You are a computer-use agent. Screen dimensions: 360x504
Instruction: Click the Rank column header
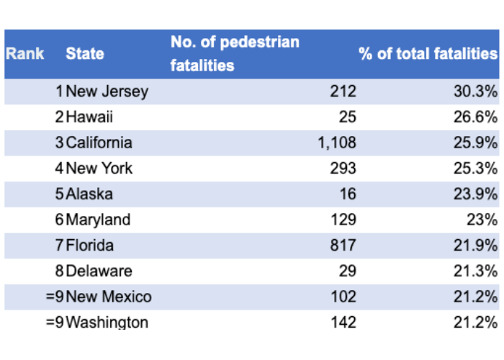pos(25,54)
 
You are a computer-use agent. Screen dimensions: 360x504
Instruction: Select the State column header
pos(85,54)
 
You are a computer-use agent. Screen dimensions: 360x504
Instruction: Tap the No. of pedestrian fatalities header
pos(235,54)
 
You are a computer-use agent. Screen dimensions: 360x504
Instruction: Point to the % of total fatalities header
pos(428,54)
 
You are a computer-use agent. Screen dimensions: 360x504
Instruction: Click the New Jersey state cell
pos(107,91)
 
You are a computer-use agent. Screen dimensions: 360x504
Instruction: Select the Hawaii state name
pos(89,117)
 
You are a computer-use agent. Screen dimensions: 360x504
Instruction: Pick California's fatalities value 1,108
pos(336,143)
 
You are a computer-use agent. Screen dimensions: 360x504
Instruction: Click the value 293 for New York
pos(343,168)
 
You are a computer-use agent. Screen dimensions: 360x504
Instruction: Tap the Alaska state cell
pos(89,194)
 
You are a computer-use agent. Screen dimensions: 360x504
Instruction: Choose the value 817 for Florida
pos(343,246)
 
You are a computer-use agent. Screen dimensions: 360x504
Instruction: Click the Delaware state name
pos(99,271)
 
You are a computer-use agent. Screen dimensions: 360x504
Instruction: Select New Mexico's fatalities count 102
pos(343,297)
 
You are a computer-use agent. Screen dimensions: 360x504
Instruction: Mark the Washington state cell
pos(107,322)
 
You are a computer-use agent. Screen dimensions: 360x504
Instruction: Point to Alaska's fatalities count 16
pos(347,194)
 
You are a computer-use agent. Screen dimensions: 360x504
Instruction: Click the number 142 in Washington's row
pos(343,322)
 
